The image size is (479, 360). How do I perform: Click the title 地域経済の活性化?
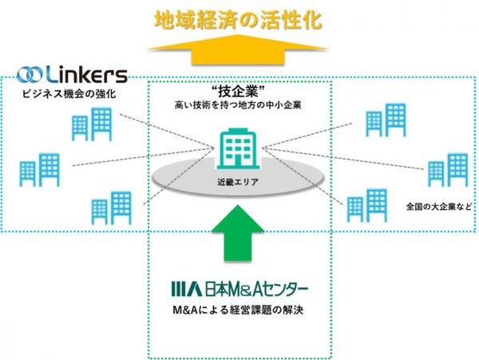239,18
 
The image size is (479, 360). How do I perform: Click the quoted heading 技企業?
239,89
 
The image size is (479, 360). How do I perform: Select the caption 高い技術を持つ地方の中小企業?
239,105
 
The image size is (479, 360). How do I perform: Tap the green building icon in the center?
239,148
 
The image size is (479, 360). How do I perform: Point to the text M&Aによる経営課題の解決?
239,309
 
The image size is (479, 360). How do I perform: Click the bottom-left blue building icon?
112,207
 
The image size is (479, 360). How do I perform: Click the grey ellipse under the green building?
192,180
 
